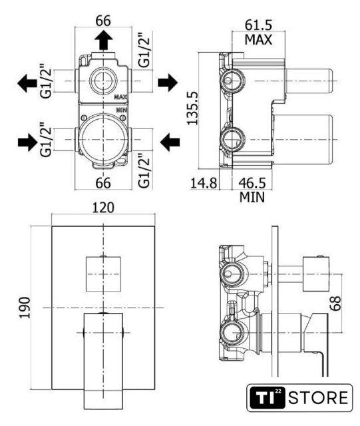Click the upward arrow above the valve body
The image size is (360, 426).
point(104,40)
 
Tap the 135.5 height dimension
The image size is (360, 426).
point(192,108)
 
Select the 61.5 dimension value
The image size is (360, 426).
point(258,25)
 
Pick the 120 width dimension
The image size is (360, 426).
point(103,208)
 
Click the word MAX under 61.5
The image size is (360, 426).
point(258,40)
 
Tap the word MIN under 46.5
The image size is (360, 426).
point(252,197)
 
